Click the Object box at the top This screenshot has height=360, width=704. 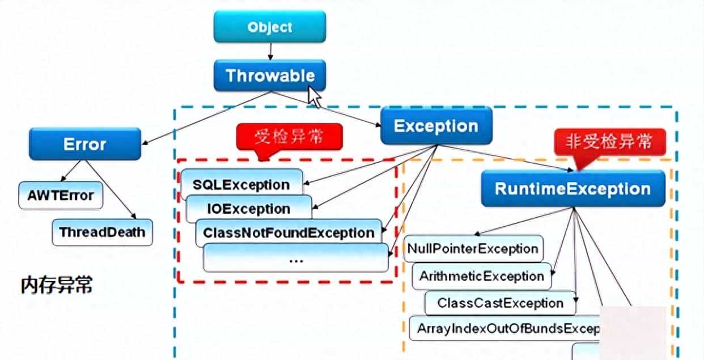[x=270, y=27]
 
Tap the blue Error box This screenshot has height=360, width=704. [x=84, y=144]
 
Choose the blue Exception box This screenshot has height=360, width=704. [x=435, y=126]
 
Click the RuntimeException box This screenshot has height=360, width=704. [x=572, y=189]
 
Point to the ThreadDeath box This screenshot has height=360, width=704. [x=102, y=232]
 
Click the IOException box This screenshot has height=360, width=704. [x=248, y=208]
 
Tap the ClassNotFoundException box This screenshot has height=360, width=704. [x=289, y=233]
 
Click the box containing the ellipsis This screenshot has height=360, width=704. [x=295, y=259]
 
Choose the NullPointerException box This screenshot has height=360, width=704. [x=472, y=249]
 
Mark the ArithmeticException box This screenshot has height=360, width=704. [x=481, y=277]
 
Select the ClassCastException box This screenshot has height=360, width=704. [x=500, y=303]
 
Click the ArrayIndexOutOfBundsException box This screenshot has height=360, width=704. [x=504, y=328]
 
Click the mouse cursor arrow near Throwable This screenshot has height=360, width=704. [x=313, y=96]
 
